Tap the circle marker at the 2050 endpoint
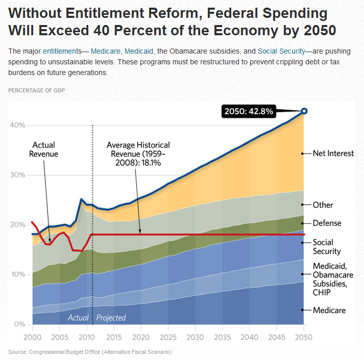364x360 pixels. [x=304, y=111]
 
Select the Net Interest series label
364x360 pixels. [x=333, y=153]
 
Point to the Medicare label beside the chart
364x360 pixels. [x=329, y=310]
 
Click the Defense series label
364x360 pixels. [x=327, y=223]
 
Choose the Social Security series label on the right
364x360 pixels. [x=327, y=247]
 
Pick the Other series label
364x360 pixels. [x=323, y=205]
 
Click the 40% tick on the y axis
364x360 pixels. [x=18, y=125]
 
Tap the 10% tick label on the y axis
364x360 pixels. [x=18, y=275]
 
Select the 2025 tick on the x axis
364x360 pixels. [x=168, y=338]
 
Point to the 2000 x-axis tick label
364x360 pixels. [x=32, y=338]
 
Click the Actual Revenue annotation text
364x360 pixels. [x=43, y=150]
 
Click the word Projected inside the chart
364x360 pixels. [x=111, y=318]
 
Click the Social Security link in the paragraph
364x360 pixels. [x=281, y=52]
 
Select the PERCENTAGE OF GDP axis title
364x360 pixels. [x=36, y=90]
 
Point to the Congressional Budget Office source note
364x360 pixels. [x=91, y=352]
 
